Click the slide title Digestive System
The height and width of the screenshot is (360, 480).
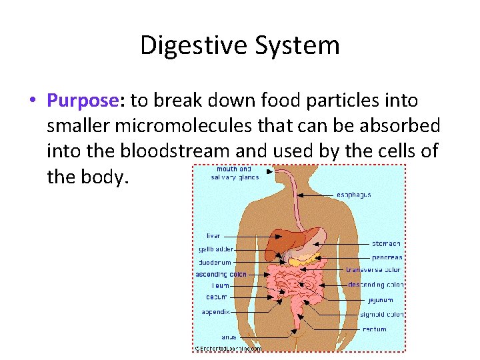tap(240, 45)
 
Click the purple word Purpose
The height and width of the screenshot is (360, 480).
tap(82, 101)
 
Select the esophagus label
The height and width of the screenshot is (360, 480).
tap(353, 195)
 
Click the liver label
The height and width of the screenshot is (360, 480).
tap(213, 236)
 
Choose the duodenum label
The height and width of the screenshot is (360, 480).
tap(215, 262)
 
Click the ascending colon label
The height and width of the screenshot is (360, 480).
tap(221, 274)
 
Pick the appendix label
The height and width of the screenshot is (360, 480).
tap(216, 311)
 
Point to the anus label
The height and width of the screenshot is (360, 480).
tap(229, 337)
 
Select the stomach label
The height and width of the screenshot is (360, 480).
tap(386, 244)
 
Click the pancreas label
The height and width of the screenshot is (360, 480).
tap(387, 257)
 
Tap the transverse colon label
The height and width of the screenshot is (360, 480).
tap(373, 270)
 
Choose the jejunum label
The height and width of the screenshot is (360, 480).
tap(380, 300)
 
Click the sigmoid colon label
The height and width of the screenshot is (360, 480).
tap(381, 314)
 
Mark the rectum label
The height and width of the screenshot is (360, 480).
tap(374, 329)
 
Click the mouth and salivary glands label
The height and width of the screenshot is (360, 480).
tap(235, 173)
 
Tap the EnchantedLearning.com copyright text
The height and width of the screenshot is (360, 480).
tap(227, 348)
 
